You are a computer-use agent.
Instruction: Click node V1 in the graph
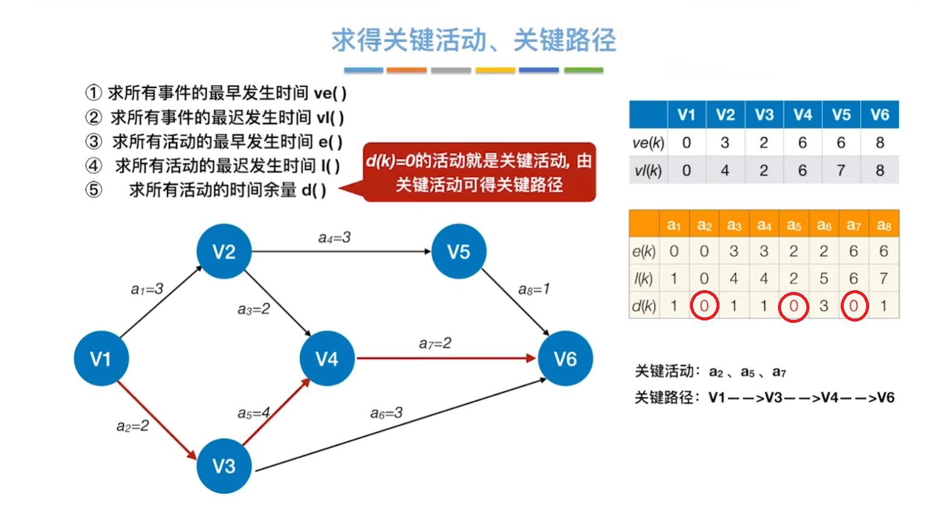point(101,358)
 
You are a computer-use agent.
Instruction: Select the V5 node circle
point(459,252)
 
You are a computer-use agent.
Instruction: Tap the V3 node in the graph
point(224,466)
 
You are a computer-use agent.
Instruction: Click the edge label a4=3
point(334,238)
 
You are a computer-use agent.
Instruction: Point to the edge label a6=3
point(386,413)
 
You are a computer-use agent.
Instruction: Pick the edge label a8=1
point(534,290)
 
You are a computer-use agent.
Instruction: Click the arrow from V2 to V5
point(341,252)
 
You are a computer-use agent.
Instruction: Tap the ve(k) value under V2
point(725,143)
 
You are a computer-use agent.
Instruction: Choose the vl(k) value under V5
point(841,171)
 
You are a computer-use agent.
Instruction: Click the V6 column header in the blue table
point(879,115)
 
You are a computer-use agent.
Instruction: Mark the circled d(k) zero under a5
point(794,306)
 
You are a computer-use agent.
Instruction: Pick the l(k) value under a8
point(884,279)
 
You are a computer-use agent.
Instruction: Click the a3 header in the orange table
point(734,226)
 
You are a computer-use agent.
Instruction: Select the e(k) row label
point(644,252)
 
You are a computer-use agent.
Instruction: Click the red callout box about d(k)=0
point(479,172)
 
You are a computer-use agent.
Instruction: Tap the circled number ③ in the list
point(93,142)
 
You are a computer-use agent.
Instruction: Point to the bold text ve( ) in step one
point(330,93)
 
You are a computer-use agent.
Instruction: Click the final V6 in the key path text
point(885,398)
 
